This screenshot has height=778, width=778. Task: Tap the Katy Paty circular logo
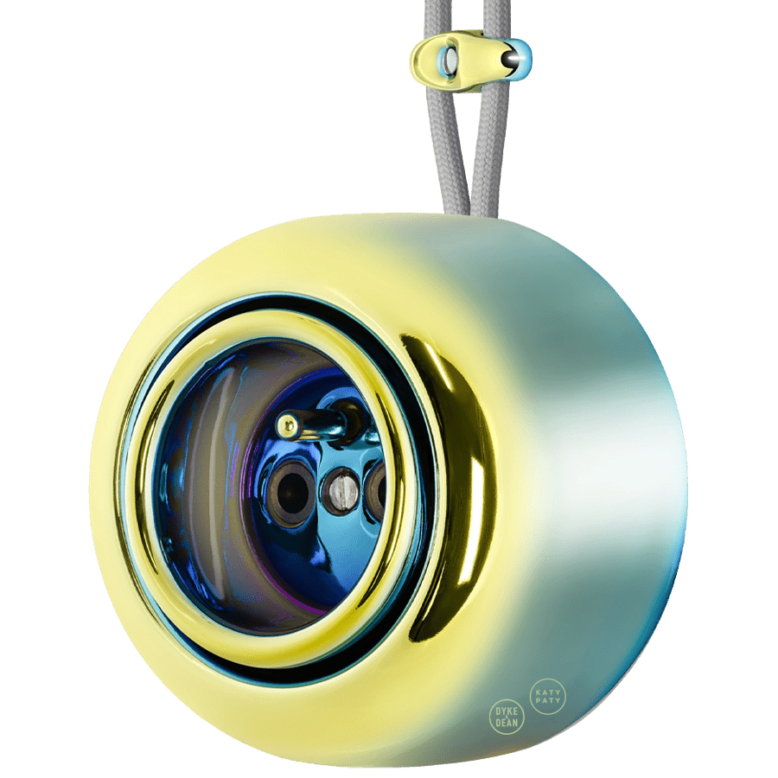[547, 694]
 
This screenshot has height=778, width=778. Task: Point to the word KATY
[547, 689]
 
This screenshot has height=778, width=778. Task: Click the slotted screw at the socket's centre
[340, 489]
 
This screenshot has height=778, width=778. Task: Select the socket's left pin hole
[292, 484]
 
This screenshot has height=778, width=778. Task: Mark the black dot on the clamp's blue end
[513, 59]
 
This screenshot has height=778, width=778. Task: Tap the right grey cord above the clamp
[497, 16]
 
